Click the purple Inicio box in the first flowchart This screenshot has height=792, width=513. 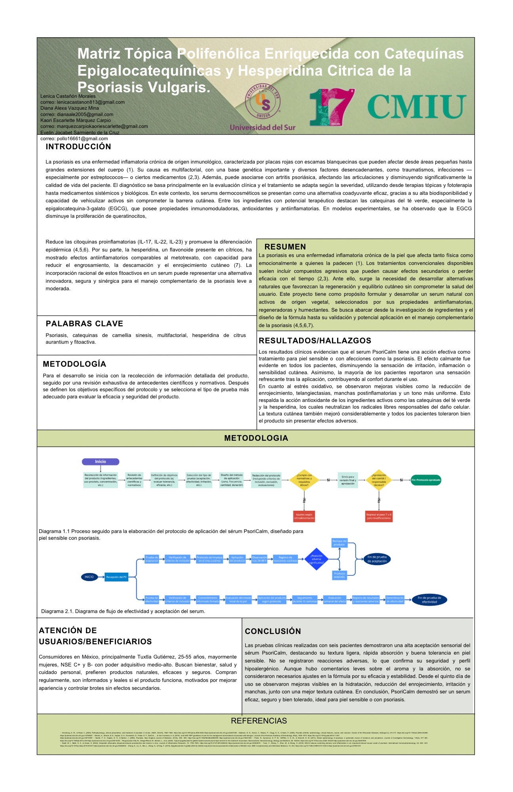101,461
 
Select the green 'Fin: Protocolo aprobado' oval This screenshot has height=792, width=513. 426,480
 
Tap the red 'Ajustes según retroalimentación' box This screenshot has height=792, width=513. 304,516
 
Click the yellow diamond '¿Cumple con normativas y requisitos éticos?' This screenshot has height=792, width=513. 304,480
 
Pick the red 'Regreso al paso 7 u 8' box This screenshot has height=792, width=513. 379,516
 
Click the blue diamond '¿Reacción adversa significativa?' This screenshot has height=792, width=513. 316,559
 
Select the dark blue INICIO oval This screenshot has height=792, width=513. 89,577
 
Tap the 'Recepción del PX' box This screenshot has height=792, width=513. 116,577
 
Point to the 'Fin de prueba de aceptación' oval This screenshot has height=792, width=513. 377,559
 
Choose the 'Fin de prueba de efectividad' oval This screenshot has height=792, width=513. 429,600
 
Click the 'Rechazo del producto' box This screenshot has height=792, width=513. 339,543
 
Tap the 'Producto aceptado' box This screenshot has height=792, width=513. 339,575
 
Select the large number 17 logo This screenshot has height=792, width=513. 331,107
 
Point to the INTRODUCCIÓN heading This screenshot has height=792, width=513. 78,147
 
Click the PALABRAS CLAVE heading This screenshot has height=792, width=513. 84,324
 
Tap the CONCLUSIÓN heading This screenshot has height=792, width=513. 273,631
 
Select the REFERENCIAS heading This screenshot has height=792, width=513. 259,721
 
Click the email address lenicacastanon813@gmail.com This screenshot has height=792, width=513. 82,102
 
